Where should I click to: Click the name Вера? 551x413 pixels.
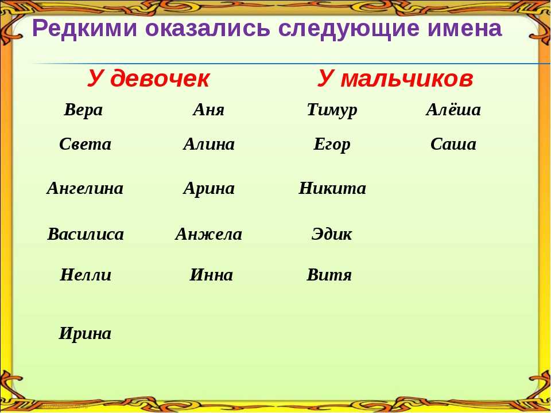83,110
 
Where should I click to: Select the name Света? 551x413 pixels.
85,144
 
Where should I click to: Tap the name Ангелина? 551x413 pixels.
85,188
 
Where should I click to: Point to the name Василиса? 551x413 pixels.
86,234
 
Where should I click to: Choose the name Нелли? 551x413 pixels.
86,275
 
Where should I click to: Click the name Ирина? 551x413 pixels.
85,334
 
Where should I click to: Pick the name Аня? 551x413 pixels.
209,110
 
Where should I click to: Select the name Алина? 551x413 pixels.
209,144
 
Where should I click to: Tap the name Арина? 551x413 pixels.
209,189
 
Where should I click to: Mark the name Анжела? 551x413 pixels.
209,234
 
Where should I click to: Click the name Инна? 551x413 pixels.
211,275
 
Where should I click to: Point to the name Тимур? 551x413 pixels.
332,110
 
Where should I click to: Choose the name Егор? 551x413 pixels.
332,145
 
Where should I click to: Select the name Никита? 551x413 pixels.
332,188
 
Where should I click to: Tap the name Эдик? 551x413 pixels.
332,234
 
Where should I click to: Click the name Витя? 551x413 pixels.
329,275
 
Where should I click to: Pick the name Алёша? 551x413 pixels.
453,109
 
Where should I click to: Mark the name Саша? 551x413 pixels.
453,144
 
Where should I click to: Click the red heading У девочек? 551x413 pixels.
148,79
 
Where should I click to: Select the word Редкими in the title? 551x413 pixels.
84,28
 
